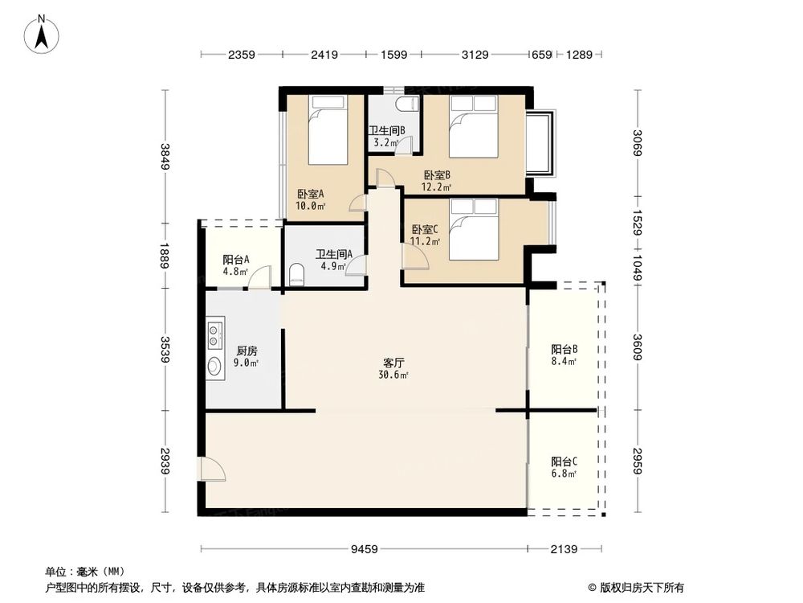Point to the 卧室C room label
click(424, 234)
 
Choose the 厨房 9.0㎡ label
click(247, 357)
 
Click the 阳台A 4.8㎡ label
click(235, 265)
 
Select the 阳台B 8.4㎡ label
click(565, 355)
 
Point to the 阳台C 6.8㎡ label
click(565, 467)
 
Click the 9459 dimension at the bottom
click(364, 550)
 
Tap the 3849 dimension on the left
click(165, 156)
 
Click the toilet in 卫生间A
click(296, 274)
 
